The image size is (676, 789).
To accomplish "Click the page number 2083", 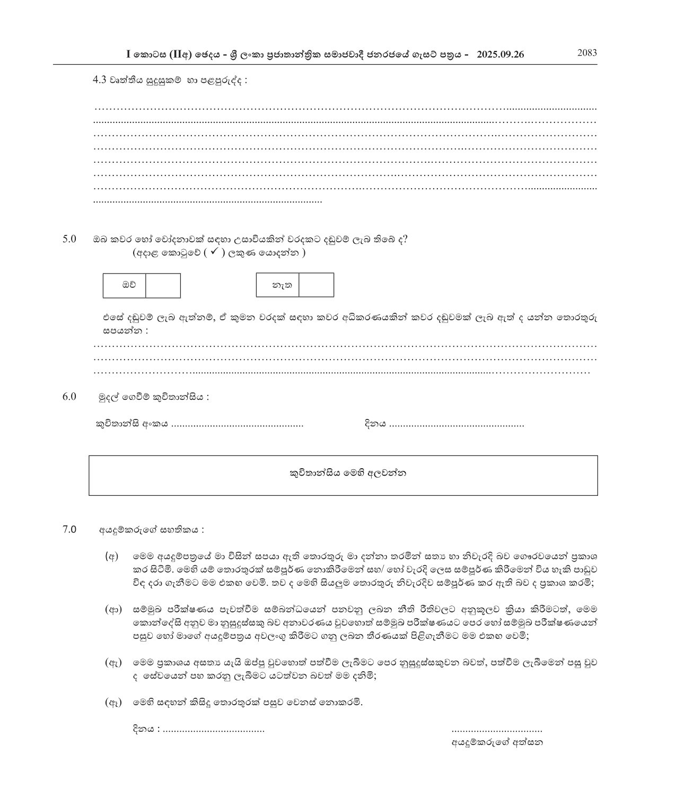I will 587,52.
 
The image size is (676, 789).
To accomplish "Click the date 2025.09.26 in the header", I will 501,55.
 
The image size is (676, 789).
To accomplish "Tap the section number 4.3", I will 100,80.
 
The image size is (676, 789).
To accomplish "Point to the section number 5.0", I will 69,239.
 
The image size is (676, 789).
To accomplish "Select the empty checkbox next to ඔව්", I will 163,286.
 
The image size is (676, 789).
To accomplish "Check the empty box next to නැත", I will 316,285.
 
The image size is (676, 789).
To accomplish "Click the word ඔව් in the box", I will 125,285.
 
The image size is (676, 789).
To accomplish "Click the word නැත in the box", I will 277,285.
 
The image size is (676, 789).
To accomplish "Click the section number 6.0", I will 69,397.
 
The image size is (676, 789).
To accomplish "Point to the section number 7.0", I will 69,529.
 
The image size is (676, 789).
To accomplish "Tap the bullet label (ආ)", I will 113,609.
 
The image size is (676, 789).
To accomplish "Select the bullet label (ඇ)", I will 113,662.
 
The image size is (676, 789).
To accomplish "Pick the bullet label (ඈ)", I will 113,703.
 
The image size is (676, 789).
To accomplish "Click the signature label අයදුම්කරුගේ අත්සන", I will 497,742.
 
